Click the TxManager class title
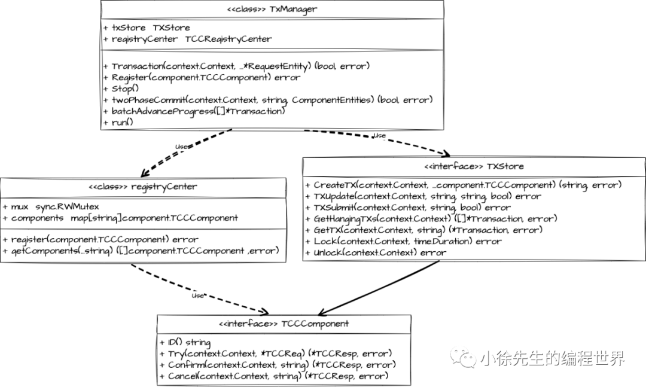(272, 9)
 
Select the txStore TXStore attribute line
(147, 28)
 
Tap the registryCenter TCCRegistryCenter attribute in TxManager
(187, 39)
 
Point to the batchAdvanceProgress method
(194, 111)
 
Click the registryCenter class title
(142, 186)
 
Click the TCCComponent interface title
(284, 324)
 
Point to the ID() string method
(185, 343)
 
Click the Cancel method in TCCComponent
(275, 376)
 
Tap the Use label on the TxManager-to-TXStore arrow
(379, 136)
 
